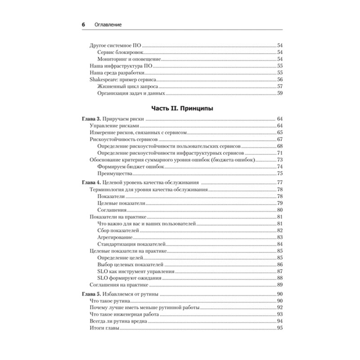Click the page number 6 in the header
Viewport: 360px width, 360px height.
coord(84,25)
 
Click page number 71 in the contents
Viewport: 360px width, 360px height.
coord(279,153)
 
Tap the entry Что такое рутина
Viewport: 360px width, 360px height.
coord(110,300)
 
